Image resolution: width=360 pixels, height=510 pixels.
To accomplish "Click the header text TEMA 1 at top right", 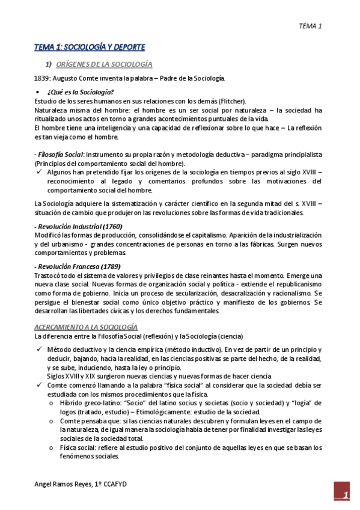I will [x=311, y=26].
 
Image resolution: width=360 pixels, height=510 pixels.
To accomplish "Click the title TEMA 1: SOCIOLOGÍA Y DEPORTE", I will [x=90, y=47].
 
